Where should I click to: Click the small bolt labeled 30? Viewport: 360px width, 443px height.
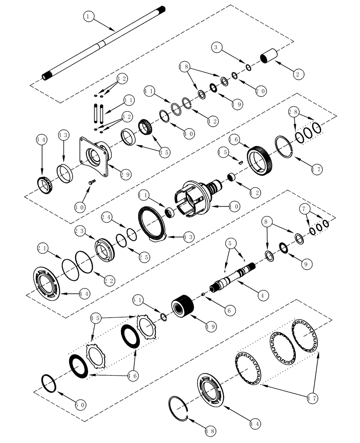point(92,181)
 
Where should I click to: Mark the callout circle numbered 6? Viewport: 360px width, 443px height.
point(227,311)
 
